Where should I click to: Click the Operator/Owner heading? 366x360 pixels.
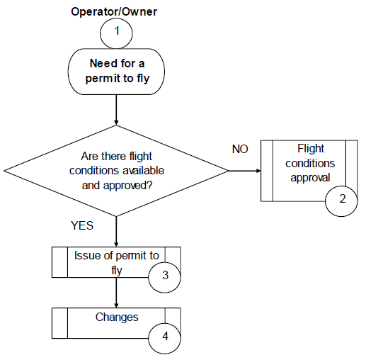(x=114, y=12)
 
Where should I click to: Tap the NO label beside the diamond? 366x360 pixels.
(x=240, y=149)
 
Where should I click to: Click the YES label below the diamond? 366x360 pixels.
(x=82, y=225)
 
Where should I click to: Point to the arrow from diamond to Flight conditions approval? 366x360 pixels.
(x=245, y=171)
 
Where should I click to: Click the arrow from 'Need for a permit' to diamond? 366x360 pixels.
(x=116, y=110)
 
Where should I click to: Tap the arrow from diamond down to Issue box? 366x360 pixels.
(x=116, y=232)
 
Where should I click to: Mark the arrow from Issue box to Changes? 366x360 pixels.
(x=116, y=293)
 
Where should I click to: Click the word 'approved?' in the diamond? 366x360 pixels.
(x=128, y=186)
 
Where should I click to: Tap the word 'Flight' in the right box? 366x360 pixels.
(x=311, y=149)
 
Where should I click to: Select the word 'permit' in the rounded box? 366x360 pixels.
(x=103, y=79)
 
